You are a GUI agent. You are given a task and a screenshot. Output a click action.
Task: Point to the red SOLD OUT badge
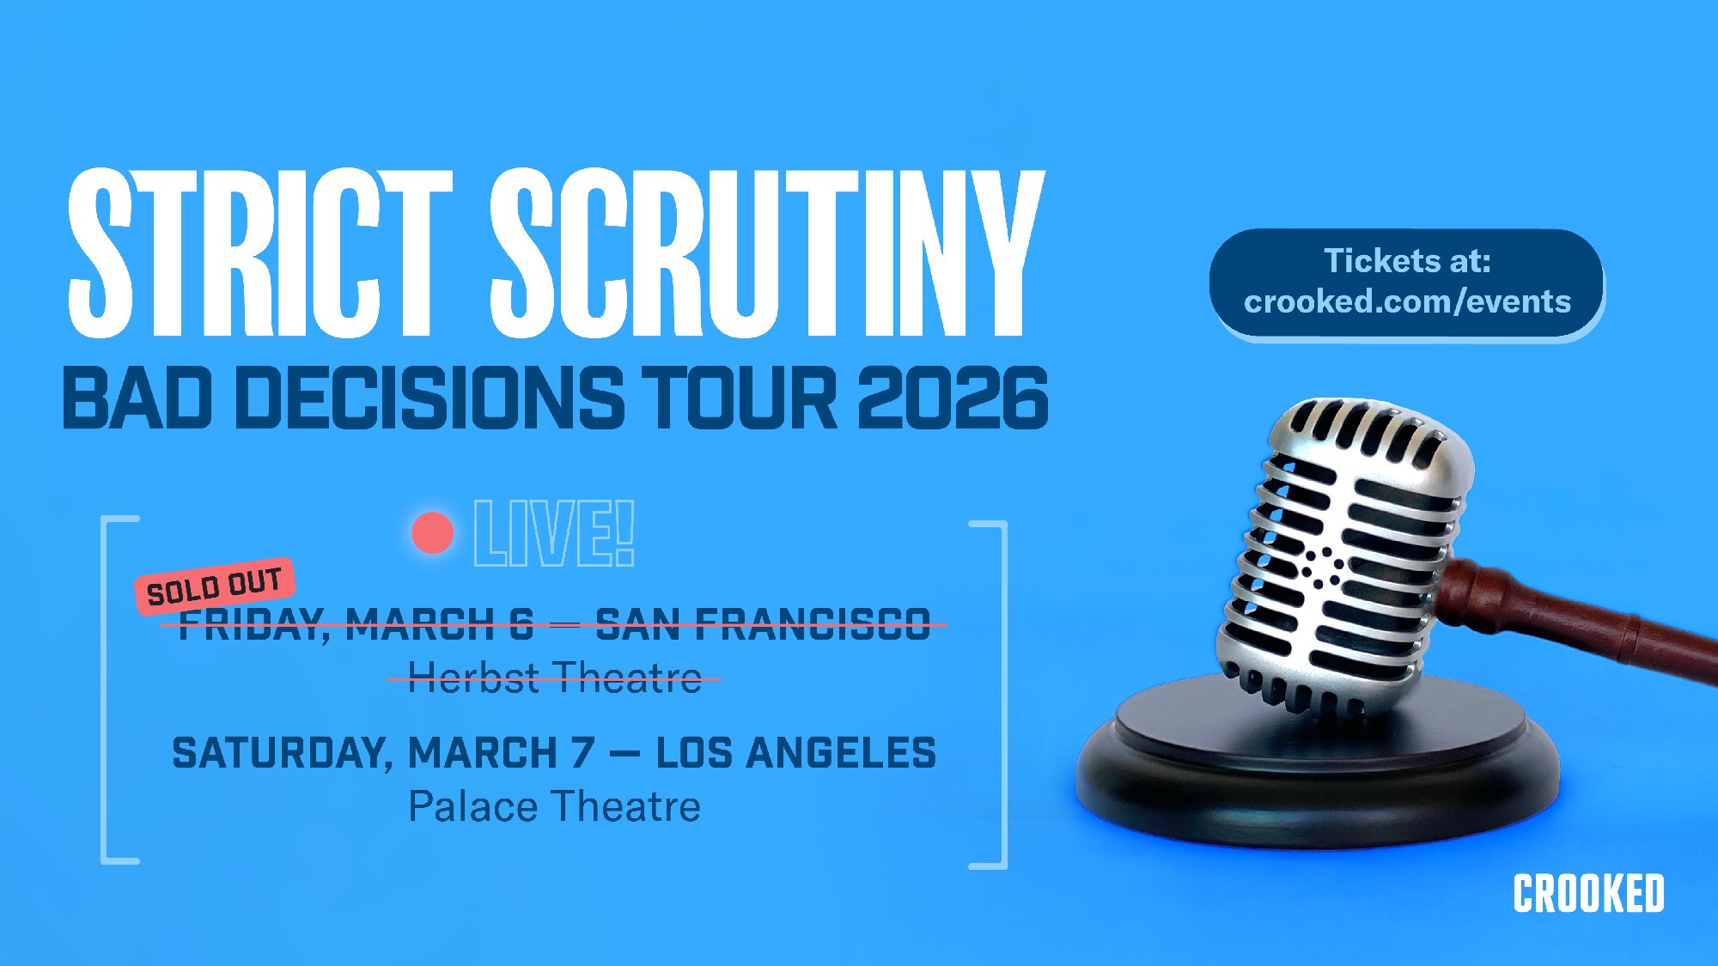(215, 586)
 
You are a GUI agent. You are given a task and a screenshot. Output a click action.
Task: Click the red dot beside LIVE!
(432, 533)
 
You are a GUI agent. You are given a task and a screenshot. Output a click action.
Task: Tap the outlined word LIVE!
(554, 533)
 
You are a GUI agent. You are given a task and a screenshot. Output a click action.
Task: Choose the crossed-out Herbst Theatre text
(554, 677)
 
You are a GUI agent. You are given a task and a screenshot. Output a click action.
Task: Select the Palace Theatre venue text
(554, 807)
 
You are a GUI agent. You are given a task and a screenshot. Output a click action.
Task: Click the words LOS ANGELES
(795, 753)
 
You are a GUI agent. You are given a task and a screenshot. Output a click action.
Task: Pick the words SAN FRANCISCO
(763, 624)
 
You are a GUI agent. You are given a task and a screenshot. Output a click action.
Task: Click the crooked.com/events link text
(1407, 302)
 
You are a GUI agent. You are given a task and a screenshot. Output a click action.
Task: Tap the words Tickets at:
(1407, 260)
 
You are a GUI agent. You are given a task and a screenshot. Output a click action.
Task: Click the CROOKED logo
(1588, 894)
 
